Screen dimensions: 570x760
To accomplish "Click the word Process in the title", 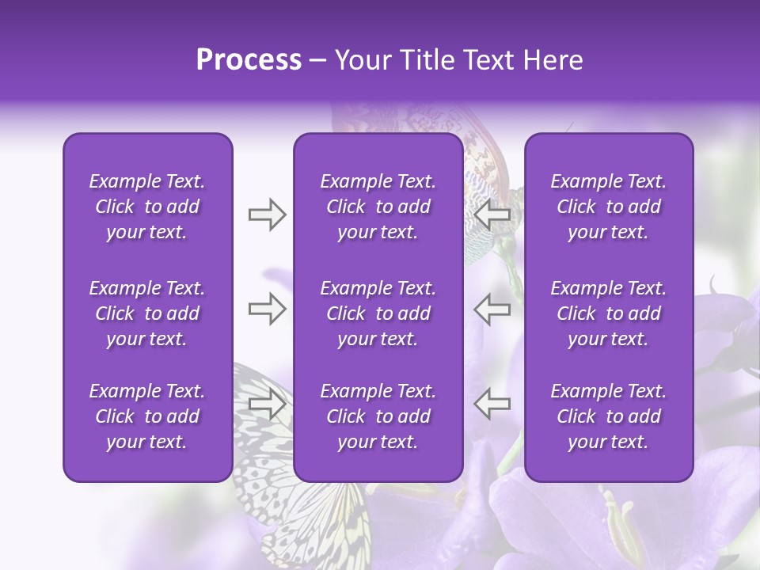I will pos(249,60).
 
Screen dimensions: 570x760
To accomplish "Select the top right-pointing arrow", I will pos(268,215).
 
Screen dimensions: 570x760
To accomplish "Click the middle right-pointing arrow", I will pos(268,309).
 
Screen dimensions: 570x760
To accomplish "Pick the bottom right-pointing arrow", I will pos(268,404).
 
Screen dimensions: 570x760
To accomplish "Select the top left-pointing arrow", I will pos(492,215).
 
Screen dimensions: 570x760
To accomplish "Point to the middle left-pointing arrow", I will pos(492,309).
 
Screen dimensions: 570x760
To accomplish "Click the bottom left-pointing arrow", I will pos(492,404).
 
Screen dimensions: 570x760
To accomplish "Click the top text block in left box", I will pos(147,207).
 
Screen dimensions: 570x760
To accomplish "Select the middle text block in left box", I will pos(147,313).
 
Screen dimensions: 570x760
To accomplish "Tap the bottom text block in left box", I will pos(147,416).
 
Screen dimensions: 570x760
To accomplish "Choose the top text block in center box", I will pos(378,207).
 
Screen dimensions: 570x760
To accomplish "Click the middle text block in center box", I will pos(378,313).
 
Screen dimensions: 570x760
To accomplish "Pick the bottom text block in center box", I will pos(378,416).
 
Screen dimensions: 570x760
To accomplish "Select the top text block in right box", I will pos(609,207).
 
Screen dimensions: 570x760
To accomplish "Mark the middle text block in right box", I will pos(609,313).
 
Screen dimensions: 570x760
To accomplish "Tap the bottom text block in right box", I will pos(609,416).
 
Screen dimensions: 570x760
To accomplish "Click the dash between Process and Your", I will pos(318,61).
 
